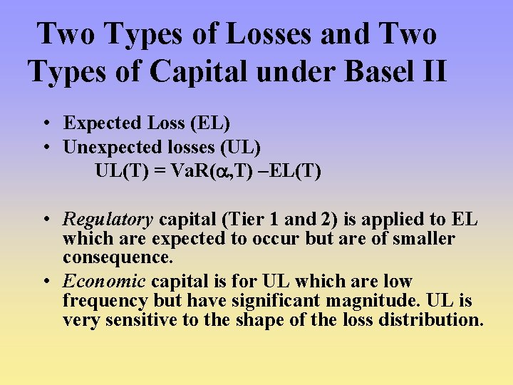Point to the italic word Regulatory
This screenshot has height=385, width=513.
click(108, 220)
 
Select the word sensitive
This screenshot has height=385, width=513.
click(142, 320)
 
